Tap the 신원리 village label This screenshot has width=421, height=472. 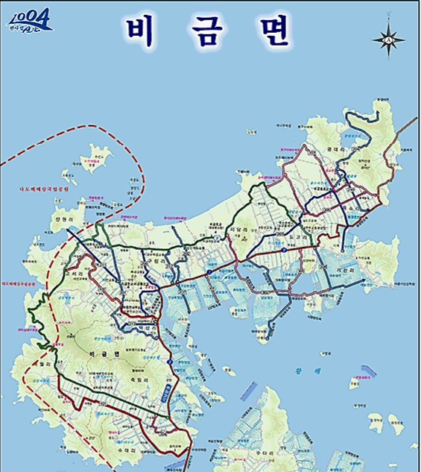click(x=57, y=221)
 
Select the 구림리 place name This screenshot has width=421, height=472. click(x=154, y=262)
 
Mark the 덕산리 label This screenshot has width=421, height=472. click(x=144, y=326)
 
